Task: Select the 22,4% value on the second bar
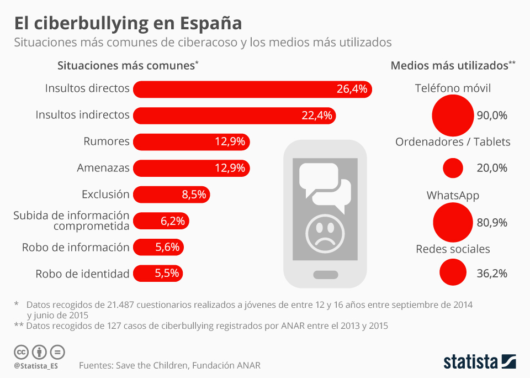pyautogui.click(x=317, y=116)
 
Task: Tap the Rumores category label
pyautogui.click(x=107, y=141)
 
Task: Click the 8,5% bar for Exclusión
pyautogui.click(x=171, y=195)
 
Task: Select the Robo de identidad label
pyautogui.click(x=82, y=274)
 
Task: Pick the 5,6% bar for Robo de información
pyautogui.click(x=158, y=247)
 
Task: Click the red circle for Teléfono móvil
pyautogui.click(x=453, y=116)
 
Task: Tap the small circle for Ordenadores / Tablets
pyautogui.click(x=453, y=168)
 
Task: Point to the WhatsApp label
pyautogui.click(x=453, y=196)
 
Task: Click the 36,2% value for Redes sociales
pyautogui.click(x=492, y=274)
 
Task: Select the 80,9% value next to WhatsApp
pyautogui.click(x=492, y=223)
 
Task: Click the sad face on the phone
pyautogui.click(x=325, y=233)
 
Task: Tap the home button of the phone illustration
pyautogui.click(x=325, y=275)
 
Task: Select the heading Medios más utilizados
pyautogui.click(x=449, y=65)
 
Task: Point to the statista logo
pyautogui.click(x=480, y=362)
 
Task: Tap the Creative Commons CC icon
pyautogui.click(x=21, y=352)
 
